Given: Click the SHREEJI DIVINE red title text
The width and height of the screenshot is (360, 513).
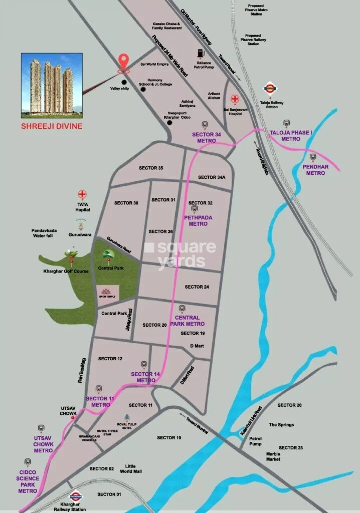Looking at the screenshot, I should click(x=52, y=126).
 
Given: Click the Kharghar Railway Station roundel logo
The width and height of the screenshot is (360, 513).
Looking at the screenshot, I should click(x=76, y=496).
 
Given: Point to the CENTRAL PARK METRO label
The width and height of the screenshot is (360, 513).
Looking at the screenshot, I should click(x=187, y=321).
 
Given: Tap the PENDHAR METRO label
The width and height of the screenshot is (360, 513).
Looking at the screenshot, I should click(x=315, y=170).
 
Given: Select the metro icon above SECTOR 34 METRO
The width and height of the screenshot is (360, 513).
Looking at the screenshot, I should click(x=205, y=124).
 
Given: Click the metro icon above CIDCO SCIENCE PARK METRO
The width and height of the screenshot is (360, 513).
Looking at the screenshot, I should click(x=28, y=461).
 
